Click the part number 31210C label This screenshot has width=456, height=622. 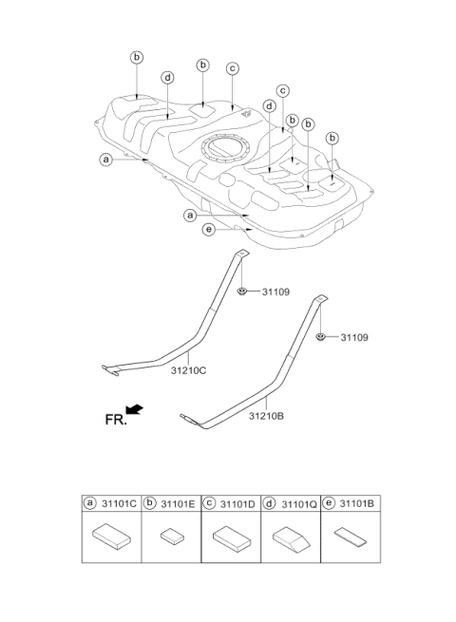pyautogui.click(x=188, y=370)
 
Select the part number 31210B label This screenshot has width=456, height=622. pyautogui.click(x=266, y=416)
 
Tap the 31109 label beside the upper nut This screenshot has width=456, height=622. pyautogui.click(x=275, y=292)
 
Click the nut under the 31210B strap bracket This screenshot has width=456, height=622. pyautogui.click(x=320, y=337)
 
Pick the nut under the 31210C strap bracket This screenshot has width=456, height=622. pyautogui.click(x=241, y=292)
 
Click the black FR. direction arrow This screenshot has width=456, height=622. pyautogui.click(x=134, y=409)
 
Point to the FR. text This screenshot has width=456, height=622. pyautogui.click(x=116, y=420)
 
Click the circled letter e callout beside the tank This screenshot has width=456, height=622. pyautogui.click(x=209, y=229)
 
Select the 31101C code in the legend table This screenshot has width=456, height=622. pyautogui.click(x=119, y=504)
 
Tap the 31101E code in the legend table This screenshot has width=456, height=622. pyautogui.click(x=179, y=504)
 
